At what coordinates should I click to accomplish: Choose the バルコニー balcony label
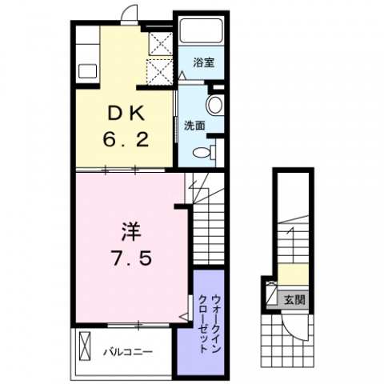coord(125,351)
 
